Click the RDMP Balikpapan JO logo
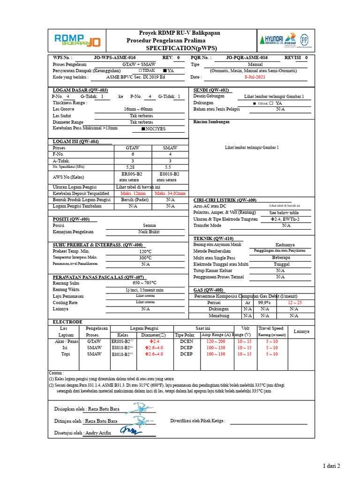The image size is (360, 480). [77, 41]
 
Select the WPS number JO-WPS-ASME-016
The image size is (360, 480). [115, 58]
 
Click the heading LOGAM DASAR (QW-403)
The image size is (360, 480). [80, 90]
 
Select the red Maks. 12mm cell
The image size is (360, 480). [133, 193]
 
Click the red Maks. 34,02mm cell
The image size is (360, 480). [170, 193]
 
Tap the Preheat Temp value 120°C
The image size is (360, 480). [145, 251]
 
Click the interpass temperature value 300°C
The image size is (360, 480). [145, 258]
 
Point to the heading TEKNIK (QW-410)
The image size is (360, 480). [213, 238]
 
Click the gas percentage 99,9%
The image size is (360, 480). [264, 303]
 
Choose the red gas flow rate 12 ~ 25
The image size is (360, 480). [294, 303]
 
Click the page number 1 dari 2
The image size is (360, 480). [331, 465]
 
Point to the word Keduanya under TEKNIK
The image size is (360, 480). [285, 244]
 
